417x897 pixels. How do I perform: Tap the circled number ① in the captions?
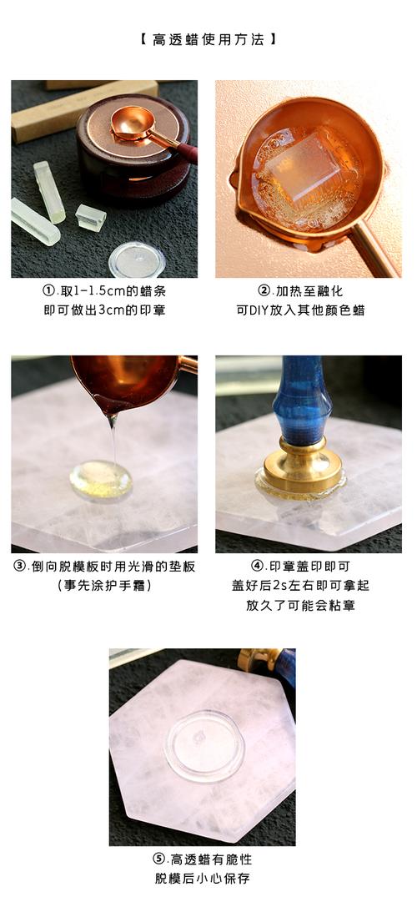coord(49,292)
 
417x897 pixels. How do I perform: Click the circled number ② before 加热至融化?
coord(264,292)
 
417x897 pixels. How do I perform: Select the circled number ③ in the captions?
coord(21,567)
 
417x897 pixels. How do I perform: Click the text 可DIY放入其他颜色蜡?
coord(301,310)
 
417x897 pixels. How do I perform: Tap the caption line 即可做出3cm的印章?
coord(103,310)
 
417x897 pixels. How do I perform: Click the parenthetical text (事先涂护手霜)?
coord(103,586)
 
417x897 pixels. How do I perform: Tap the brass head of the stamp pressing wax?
coord(301,468)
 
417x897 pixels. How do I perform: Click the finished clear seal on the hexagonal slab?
coord(203,744)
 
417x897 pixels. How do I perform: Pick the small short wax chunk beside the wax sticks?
coord(90,217)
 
